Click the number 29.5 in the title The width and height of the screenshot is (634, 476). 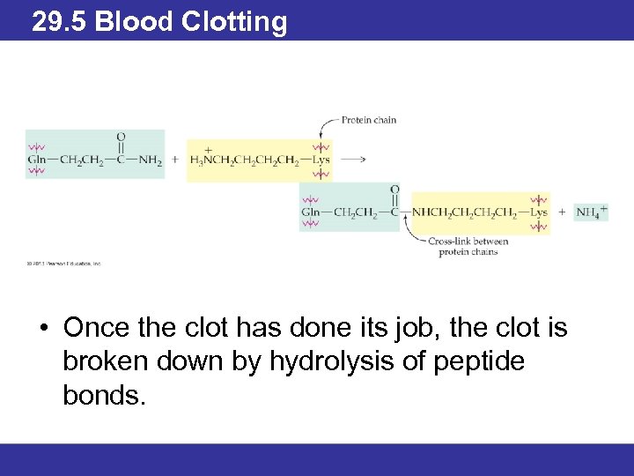coord(59,21)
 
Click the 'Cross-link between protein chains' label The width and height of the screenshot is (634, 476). coord(468,246)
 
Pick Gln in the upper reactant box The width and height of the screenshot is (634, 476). coord(37,160)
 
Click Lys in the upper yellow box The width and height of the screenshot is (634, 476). coord(321,160)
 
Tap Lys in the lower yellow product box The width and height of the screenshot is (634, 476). coord(539,212)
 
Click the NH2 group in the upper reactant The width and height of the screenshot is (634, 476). coord(151,160)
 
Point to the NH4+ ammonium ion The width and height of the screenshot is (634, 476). coord(591,212)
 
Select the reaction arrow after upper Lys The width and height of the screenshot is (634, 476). coord(352,160)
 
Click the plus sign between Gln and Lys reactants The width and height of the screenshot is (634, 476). coord(174,160)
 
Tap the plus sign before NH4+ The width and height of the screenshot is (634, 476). coord(562,212)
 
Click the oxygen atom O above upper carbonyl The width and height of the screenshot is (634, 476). coord(121,137)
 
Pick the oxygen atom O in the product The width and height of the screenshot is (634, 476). coord(394,189)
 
